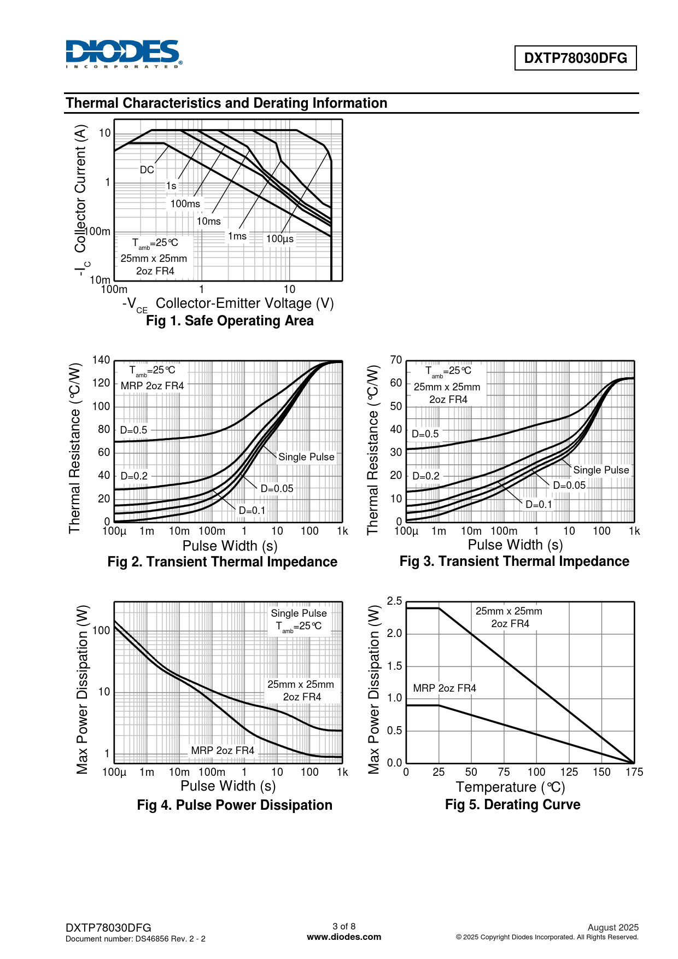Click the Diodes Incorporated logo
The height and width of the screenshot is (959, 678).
click(x=124, y=54)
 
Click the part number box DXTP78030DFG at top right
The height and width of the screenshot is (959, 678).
click(x=575, y=58)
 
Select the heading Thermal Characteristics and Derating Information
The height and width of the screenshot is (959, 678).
click(x=226, y=103)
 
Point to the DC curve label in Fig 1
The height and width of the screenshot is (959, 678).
click(x=147, y=170)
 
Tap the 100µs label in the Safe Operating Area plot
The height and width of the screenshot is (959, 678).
click(x=280, y=239)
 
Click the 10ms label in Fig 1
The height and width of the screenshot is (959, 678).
click(x=208, y=221)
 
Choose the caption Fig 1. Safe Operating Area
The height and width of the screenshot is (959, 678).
click(x=230, y=321)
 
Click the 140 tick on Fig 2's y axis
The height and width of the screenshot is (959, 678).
click(x=101, y=360)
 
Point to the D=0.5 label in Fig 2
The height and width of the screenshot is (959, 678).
click(x=133, y=430)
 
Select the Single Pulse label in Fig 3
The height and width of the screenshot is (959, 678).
click(x=601, y=470)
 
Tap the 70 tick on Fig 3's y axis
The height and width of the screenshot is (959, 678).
click(x=396, y=360)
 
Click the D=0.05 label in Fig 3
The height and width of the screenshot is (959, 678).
click(x=569, y=486)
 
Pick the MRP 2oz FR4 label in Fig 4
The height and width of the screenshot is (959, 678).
click(x=223, y=751)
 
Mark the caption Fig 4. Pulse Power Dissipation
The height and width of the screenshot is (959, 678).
click(x=235, y=805)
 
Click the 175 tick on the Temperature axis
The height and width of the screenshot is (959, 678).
click(x=634, y=772)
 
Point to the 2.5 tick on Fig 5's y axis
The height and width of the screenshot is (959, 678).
click(x=394, y=601)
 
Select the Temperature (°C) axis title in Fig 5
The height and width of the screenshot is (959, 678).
click(x=510, y=787)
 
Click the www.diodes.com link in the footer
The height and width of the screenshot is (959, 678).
click(x=344, y=937)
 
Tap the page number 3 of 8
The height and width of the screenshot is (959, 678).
click(x=344, y=926)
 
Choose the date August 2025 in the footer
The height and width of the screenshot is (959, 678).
click(x=613, y=927)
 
